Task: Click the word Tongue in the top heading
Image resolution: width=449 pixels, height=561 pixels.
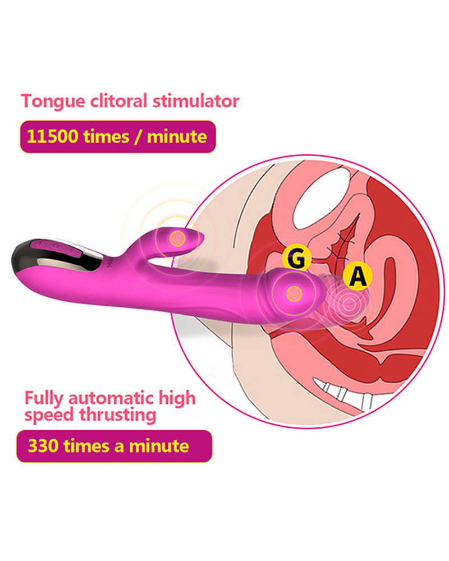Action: click(53, 102)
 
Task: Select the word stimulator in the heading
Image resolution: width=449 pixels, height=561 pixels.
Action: click(195, 100)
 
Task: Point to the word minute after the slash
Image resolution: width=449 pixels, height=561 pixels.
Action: click(177, 136)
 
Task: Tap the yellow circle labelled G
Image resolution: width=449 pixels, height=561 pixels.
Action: click(296, 258)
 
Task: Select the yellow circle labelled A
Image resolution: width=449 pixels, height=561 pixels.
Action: click(358, 276)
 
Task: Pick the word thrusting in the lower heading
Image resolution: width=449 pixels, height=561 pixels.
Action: click(118, 415)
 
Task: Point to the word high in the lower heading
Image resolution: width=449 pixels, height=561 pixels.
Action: click(177, 398)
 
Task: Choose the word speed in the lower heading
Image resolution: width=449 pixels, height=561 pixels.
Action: click(50, 416)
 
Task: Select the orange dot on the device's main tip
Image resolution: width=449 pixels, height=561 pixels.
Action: click(294, 294)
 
